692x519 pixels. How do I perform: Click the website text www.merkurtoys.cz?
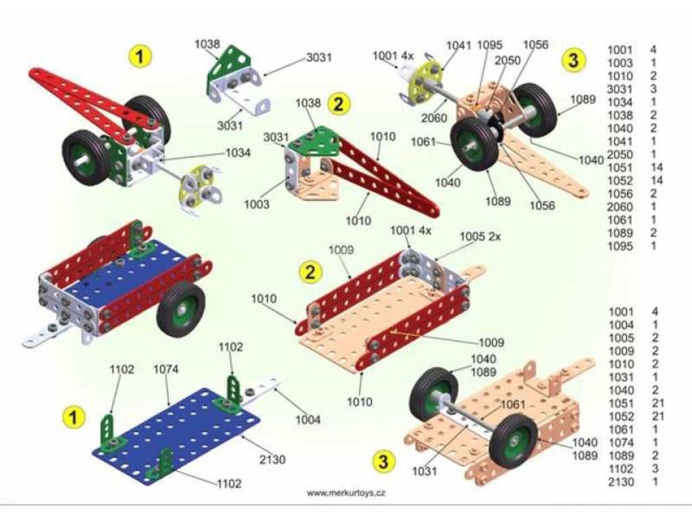pos(347,493)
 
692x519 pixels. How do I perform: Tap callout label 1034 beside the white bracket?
pos(237,153)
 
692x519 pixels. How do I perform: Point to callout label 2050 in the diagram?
pos(508,60)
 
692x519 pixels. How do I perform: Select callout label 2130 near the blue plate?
pos(272,460)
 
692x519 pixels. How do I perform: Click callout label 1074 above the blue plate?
pos(166,370)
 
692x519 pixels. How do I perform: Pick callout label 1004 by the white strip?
pos(307,420)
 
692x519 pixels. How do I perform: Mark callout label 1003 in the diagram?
pos(257,204)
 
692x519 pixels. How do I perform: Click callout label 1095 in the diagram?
pos(489,45)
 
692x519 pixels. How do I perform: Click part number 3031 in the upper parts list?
pos(620,89)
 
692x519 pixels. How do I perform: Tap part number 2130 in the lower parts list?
pos(621,482)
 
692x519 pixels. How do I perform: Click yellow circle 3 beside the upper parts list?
pos(573,60)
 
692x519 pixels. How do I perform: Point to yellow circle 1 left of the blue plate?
pos(74,418)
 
